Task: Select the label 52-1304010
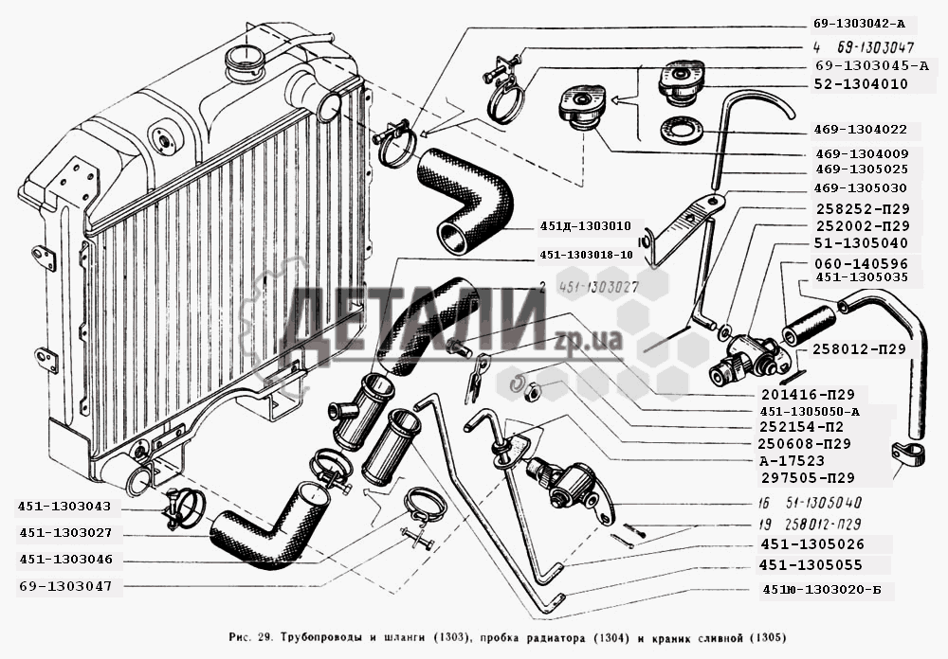click(861, 84)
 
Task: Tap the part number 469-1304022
click(861, 130)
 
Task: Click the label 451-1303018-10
click(586, 255)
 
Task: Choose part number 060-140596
click(861, 263)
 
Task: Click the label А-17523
click(792, 461)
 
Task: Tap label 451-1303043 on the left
click(64, 507)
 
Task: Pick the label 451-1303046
click(66, 560)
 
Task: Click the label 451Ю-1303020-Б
click(821, 590)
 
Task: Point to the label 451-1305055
click(811, 565)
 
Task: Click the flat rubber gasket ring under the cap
click(681, 131)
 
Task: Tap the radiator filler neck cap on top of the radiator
click(245, 61)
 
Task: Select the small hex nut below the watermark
click(533, 391)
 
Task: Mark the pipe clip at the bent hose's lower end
click(908, 455)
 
